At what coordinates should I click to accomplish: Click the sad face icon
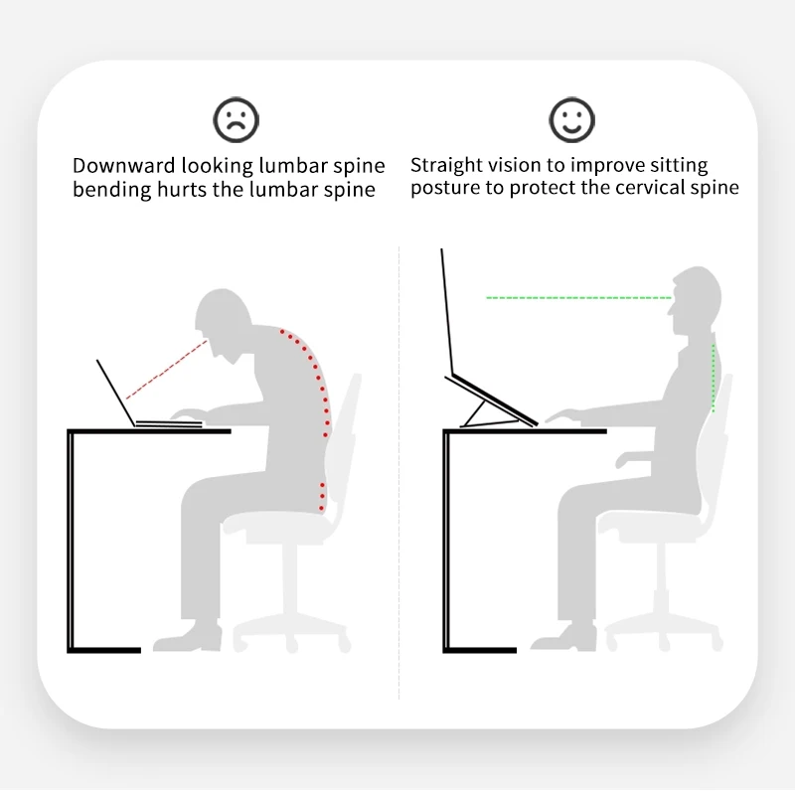pos(236,120)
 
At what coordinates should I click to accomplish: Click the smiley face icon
pos(571,120)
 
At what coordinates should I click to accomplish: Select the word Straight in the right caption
pos(444,165)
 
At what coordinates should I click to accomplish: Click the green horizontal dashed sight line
pos(576,297)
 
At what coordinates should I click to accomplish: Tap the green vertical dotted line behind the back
pos(714,378)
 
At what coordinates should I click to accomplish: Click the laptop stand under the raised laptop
pos(487,403)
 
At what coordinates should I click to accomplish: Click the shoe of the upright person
pos(570,637)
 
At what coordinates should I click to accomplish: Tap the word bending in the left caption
pos(109,189)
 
